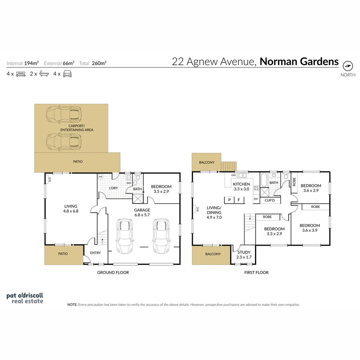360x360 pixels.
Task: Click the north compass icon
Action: [x=348, y=66]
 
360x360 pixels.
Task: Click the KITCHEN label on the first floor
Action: [x=241, y=184]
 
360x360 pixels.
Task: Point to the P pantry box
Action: [x=229, y=200]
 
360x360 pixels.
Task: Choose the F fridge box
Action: [x=239, y=200]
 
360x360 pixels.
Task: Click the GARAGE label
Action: [x=142, y=210]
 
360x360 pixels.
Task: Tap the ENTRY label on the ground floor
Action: [x=95, y=253]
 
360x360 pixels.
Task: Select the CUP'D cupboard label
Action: [x=269, y=200]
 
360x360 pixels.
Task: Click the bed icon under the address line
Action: [x=21, y=74]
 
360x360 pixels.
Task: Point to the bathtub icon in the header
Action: [x=44, y=74]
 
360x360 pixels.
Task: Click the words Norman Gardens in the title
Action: [x=299, y=62]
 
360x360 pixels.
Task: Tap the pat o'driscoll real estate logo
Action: [x=25, y=298]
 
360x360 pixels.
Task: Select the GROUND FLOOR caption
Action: [x=113, y=272]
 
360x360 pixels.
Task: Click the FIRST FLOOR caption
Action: [x=256, y=272]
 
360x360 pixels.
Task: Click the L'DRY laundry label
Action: [x=114, y=188]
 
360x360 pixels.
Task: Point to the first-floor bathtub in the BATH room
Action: [x=263, y=180]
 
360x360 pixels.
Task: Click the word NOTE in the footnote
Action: [x=72, y=304]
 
